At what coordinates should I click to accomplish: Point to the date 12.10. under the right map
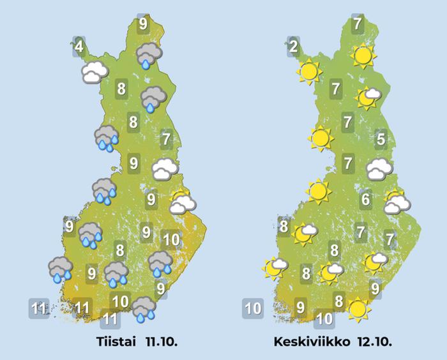(x=373, y=341)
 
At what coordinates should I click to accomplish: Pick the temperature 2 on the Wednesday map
(x=292, y=47)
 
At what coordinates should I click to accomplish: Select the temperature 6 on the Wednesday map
(x=365, y=200)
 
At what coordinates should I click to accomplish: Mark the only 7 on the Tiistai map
(x=167, y=138)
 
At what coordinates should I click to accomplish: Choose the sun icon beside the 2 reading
(x=308, y=71)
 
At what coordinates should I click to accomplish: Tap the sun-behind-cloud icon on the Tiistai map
(x=182, y=202)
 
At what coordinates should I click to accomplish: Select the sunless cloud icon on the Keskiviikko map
(x=379, y=169)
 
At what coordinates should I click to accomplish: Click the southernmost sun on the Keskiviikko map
(x=358, y=310)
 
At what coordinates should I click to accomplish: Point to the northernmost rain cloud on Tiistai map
(x=149, y=56)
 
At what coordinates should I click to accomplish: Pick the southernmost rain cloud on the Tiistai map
(x=143, y=309)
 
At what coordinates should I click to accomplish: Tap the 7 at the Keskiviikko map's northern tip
(x=357, y=24)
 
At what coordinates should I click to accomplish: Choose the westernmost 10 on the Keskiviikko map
(x=253, y=310)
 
